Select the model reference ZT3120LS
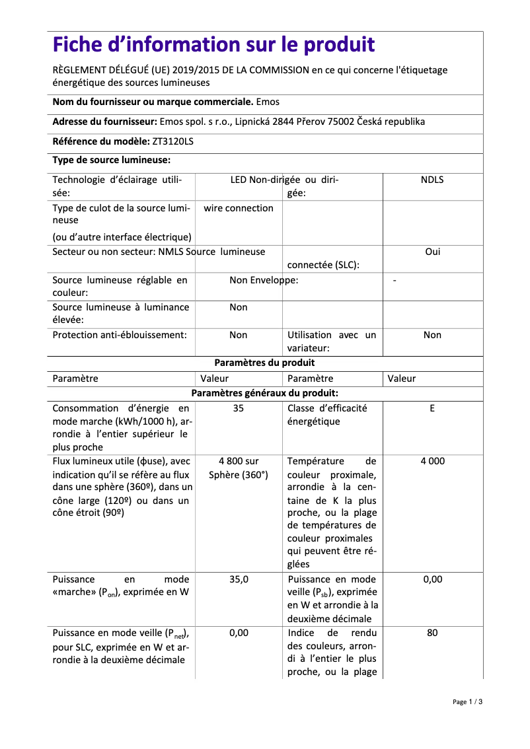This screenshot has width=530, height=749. coord(173,141)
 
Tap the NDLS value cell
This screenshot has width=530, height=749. coord(432,180)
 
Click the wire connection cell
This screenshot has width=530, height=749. coord(239,208)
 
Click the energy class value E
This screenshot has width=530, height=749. coord(432,408)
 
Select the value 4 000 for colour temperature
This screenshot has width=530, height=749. coord(432,461)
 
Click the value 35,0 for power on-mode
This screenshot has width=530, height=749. coord(239,579)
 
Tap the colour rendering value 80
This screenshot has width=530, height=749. coord(432,633)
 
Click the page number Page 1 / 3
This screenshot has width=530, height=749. coord(467,702)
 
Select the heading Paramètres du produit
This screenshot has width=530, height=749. coord(264,363)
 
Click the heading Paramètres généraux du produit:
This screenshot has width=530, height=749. coord(264,393)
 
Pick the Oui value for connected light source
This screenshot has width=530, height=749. coord(432,252)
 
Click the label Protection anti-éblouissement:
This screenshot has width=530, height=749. coord(120,335)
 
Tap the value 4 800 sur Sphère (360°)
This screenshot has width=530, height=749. coord(239,468)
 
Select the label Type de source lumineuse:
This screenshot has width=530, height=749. coord(112,160)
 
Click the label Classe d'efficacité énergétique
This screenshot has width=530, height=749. coord(326,415)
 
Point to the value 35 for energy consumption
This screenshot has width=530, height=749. coord(239,408)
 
